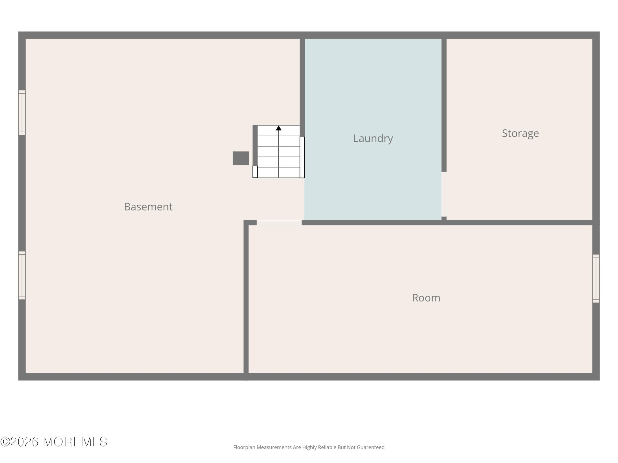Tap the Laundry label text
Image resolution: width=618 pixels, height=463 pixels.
pos(373,138)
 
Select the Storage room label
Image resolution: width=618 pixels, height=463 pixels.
pos(520,133)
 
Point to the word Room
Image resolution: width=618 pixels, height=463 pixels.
pos(426,298)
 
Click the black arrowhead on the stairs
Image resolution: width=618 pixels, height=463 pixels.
pos(279,128)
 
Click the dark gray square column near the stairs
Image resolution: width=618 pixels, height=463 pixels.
pos(241,158)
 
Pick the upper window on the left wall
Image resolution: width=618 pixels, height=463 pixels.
pos(22,113)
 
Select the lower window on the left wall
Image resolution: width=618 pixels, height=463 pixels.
pos(22,275)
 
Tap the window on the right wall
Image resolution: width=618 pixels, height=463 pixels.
pos(596,279)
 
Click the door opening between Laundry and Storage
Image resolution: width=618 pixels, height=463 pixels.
pos(444,194)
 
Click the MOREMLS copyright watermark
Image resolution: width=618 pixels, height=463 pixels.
pos(54,442)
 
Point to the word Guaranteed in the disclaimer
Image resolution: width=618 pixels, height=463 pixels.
pos(371,447)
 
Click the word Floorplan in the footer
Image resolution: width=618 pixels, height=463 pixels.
pos(245,447)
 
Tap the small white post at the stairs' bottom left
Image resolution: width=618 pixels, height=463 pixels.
pos(255,172)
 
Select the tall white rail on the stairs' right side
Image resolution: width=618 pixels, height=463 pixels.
pos(302,157)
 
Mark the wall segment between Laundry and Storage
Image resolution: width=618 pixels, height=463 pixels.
pos(444,105)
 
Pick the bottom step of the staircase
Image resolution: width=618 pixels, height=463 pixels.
pos(279,172)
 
